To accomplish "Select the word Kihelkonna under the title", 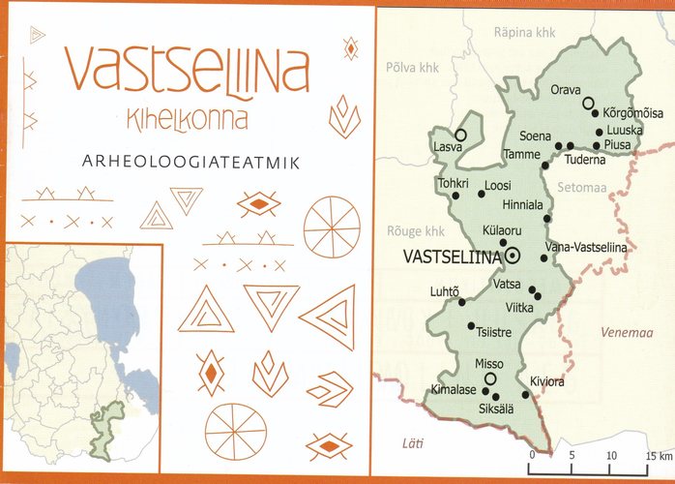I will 187,120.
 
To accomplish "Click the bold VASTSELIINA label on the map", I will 451,257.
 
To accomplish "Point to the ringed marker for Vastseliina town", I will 513,256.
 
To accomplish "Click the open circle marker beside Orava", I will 588,103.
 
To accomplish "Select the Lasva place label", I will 447,148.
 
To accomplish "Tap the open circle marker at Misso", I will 490,378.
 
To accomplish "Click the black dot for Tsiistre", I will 471,325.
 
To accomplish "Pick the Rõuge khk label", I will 414,231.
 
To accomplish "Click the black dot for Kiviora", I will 526,394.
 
